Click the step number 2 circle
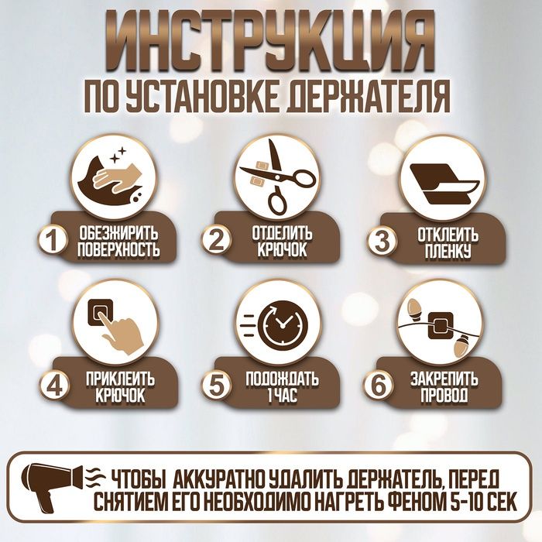(x=218, y=241)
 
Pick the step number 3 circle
(x=380, y=241)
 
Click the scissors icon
(x=276, y=177)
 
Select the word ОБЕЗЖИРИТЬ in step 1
(x=118, y=233)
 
